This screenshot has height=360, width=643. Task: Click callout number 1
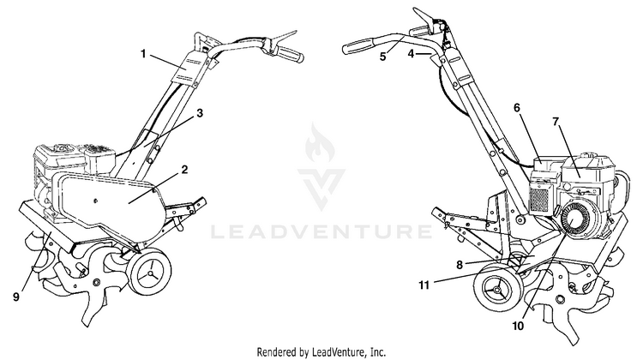click(x=143, y=54)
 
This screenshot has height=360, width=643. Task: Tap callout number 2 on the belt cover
click(x=184, y=169)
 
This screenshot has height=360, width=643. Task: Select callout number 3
click(x=200, y=113)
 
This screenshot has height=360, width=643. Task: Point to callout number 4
click(x=412, y=53)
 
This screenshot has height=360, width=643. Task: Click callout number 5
click(x=382, y=57)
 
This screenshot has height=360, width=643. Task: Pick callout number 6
click(x=517, y=107)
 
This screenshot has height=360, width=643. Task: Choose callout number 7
click(x=556, y=122)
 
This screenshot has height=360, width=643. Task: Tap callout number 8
click(x=460, y=265)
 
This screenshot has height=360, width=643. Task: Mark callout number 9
click(x=16, y=297)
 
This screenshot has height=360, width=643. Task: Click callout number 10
click(x=518, y=326)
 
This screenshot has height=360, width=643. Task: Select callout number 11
click(x=424, y=285)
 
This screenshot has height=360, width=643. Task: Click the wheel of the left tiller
click(x=149, y=272)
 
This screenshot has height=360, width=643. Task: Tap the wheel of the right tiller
click(x=497, y=291)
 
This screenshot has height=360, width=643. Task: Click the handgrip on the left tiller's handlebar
click(x=290, y=54)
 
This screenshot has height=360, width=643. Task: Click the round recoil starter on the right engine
click(x=576, y=220)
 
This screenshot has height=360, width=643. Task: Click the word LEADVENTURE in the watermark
click(x=321, y=232)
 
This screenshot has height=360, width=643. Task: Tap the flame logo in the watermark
click(x=320, y=144)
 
